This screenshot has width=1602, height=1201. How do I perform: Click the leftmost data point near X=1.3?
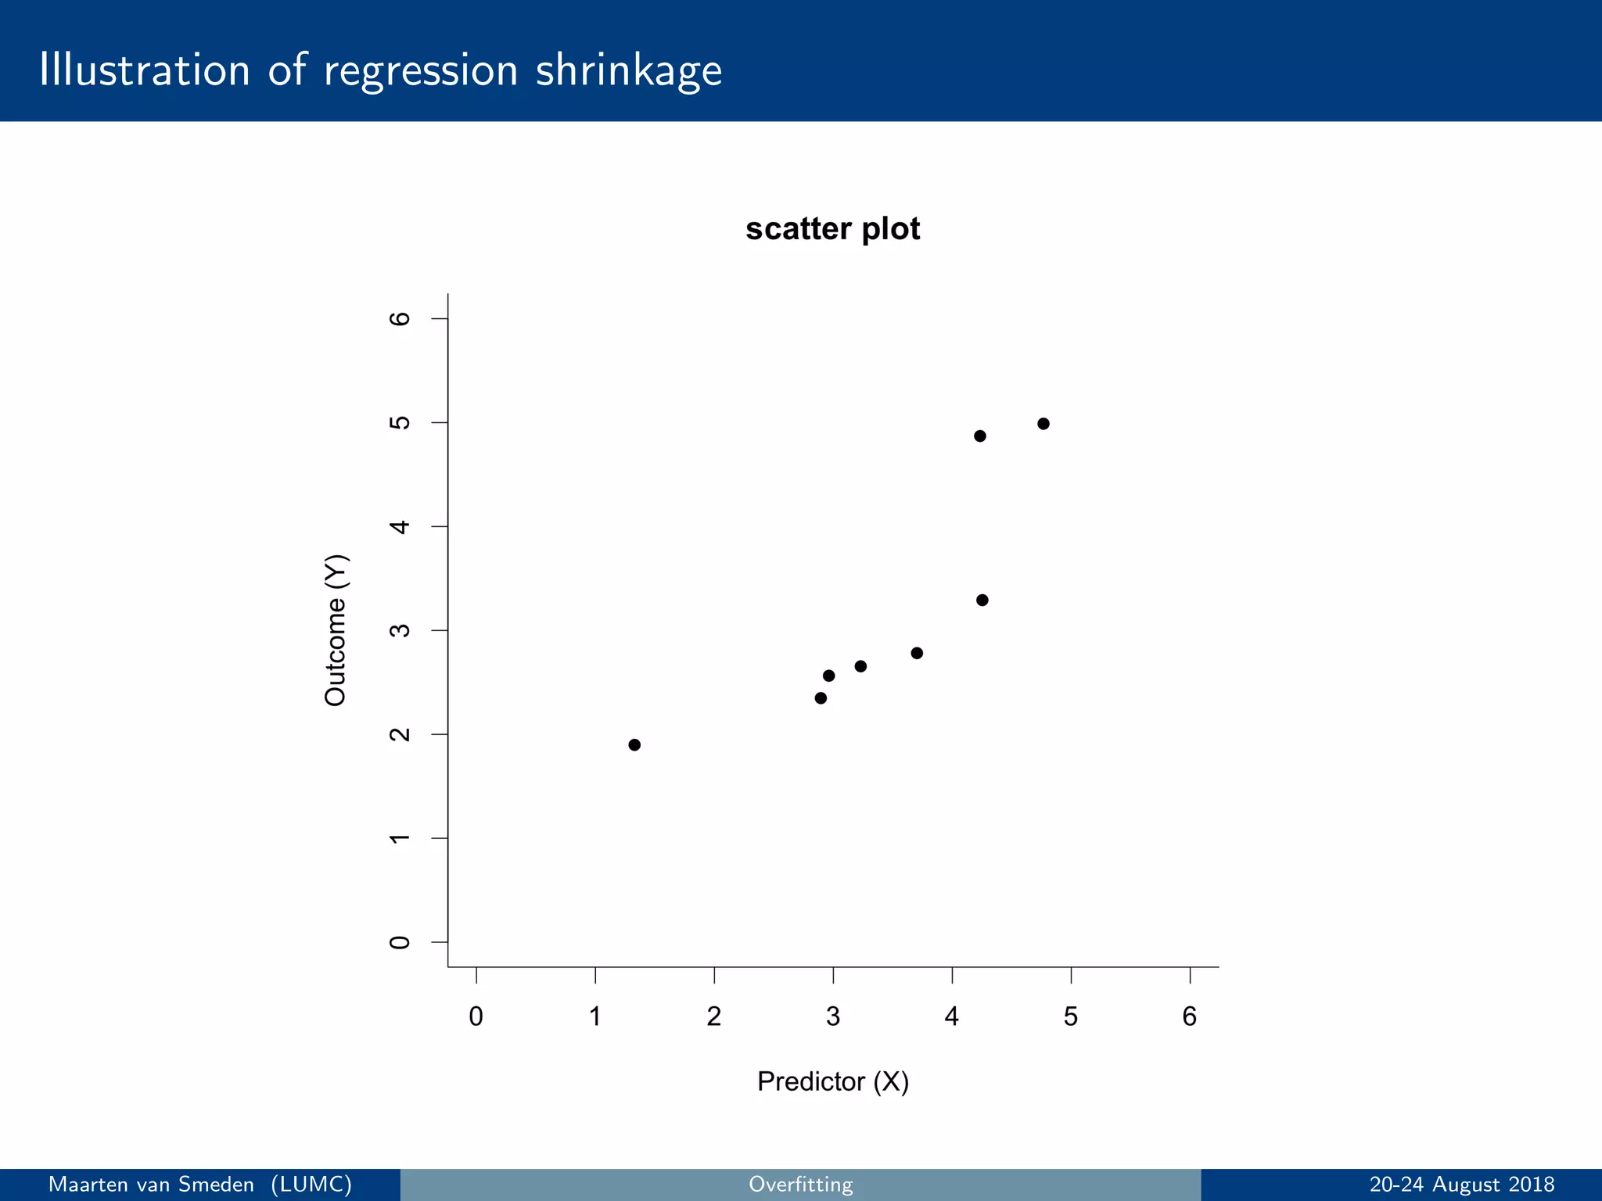634,744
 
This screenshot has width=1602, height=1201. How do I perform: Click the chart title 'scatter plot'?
832,229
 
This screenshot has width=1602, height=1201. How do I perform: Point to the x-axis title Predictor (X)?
832,1081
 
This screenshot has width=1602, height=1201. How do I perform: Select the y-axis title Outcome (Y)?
336,630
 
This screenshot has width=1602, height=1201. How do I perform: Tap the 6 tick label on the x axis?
1189,1017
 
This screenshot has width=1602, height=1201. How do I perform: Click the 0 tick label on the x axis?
476,1017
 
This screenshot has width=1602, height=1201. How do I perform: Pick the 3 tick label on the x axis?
832,1017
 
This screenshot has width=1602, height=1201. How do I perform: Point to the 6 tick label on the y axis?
400,318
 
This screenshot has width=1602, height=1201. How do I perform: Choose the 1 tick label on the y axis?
400,838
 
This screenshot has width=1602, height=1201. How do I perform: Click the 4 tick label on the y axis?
400,526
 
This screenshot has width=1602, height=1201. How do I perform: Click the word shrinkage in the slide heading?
629,70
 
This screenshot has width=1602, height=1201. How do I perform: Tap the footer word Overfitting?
800,1185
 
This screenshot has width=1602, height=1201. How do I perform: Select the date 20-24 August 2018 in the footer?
1461,1185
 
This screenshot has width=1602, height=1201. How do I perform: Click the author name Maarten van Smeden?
151,1185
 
